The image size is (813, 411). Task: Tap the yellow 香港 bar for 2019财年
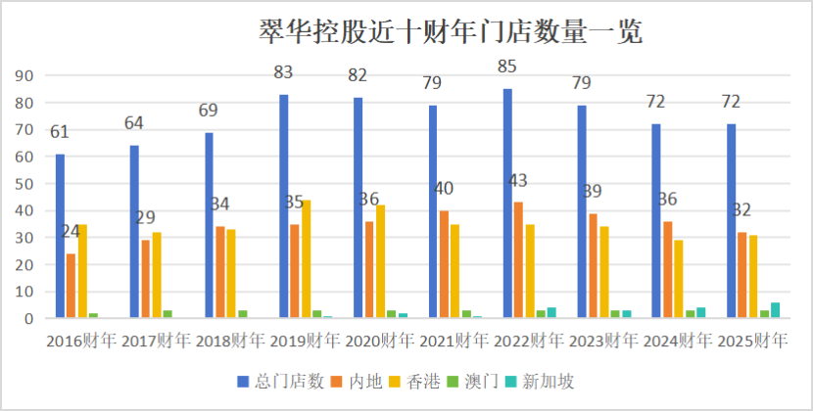(x=306, y=258)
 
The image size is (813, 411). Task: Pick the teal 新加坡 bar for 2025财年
(x=775, y=310)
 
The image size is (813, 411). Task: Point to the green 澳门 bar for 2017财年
(x=167, y=314)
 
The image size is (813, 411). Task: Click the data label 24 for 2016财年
(x=70, y=232)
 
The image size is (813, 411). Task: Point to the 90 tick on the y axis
(x=26, y=76)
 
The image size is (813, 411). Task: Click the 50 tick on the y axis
(x=26, y=184)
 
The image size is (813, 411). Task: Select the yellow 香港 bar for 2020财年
(x=380, y=261)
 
